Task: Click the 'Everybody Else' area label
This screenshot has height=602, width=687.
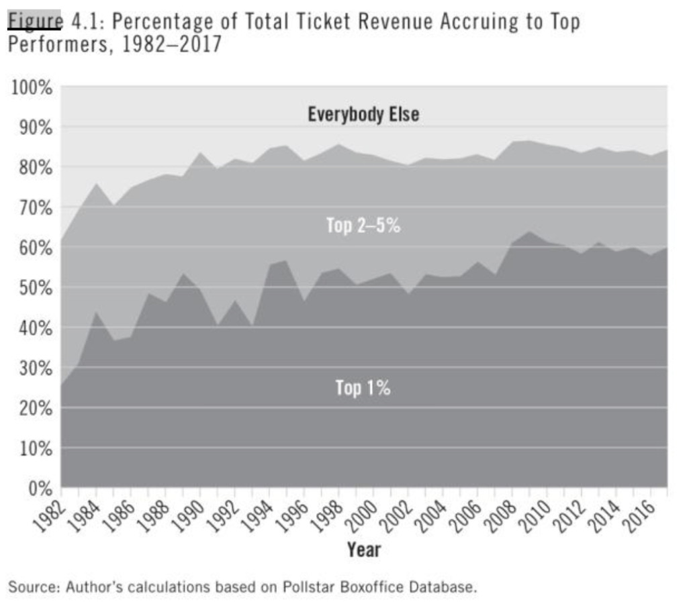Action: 363,114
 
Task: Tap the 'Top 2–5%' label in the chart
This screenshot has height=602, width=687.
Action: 363,225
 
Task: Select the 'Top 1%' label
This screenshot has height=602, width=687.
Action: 363,388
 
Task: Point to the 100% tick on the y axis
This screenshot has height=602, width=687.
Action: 32,87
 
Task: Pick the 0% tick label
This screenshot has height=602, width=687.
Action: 39,488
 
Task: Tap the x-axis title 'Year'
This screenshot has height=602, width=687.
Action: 364,550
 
